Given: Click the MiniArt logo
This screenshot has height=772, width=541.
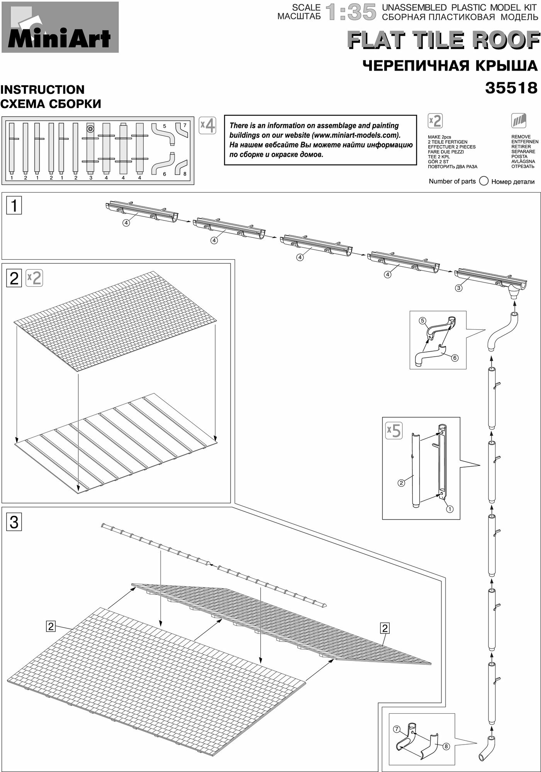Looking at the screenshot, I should (x=59, y=27).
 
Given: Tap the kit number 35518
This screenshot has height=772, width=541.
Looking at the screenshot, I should (x=511, y=88).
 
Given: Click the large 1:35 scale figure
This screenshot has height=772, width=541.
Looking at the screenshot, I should (x=351, y=12).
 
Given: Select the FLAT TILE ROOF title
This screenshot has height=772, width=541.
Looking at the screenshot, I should (x=443, y=40).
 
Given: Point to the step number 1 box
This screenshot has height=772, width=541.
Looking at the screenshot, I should (x=14, y=205).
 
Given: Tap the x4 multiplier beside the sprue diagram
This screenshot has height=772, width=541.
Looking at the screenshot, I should (x=208, y=125).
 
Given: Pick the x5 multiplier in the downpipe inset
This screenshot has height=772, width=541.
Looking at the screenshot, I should (x=394, y=430).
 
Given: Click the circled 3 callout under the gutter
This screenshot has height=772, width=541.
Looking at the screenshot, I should (x=458, y=288).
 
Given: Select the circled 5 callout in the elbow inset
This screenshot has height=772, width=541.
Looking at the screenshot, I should (x=422, y=320).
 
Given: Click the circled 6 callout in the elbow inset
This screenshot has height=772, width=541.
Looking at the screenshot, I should (x=455, y=358).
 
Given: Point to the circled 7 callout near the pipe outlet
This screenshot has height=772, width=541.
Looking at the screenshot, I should (x=397, y=729).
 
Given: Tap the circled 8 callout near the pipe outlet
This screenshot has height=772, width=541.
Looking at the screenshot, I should (x=446, y=746).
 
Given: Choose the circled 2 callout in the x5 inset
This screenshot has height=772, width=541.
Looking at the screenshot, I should (x=401, y=482).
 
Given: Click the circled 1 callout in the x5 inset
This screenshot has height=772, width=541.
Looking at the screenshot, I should (x=449, y=509).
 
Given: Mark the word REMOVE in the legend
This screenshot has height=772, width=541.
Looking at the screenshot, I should (x=521, y=137).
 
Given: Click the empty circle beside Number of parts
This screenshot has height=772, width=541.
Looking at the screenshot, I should (x=483, y=181).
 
